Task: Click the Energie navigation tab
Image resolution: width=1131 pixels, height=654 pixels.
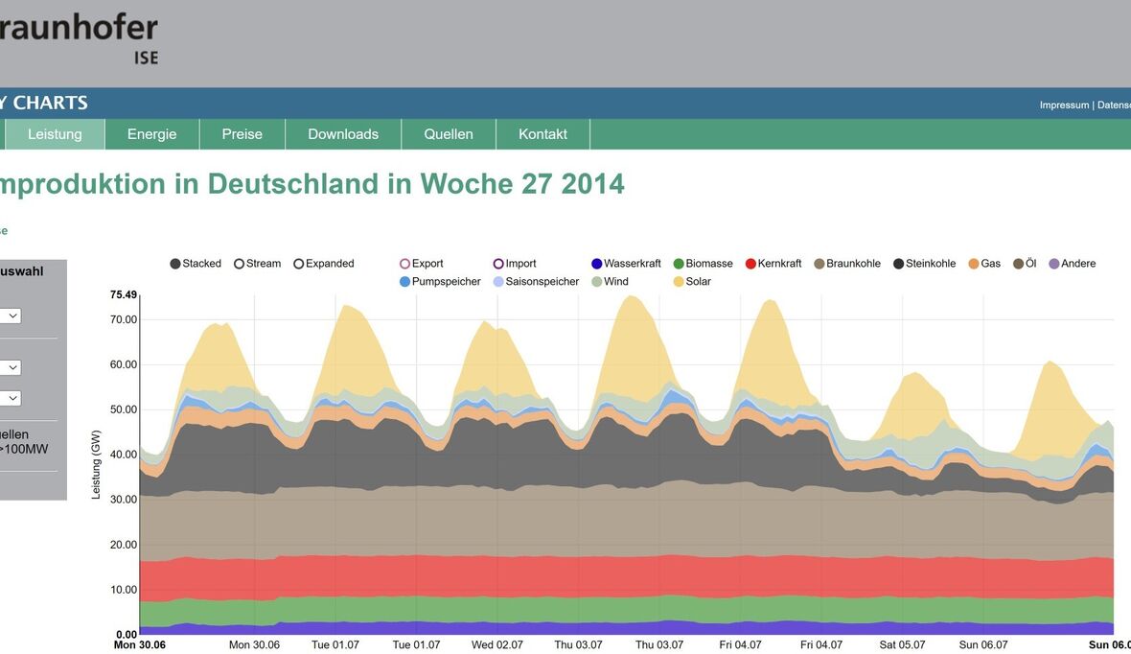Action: [x=151, y=134]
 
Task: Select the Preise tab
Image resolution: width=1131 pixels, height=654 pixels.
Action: [x=242, y=134]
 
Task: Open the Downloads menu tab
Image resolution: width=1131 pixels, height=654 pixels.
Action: [x=343, y=134]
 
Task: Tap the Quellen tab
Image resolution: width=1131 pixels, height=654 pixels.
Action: [x=449, y=134]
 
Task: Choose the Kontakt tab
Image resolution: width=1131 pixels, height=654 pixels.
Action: [x=542, y=134]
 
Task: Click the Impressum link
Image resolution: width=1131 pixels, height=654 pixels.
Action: [x=1064, y=105]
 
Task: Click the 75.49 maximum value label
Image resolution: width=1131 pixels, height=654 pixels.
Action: [x=124, y=294]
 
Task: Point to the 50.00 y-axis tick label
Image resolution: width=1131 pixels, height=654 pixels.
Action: [x=124, y=409]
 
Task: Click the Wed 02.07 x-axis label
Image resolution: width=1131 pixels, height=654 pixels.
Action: [x=496, y=645]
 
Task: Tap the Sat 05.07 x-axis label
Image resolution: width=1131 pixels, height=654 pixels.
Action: [x=903, y=645]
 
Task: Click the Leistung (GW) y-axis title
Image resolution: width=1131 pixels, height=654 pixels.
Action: [x=96, y=464]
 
